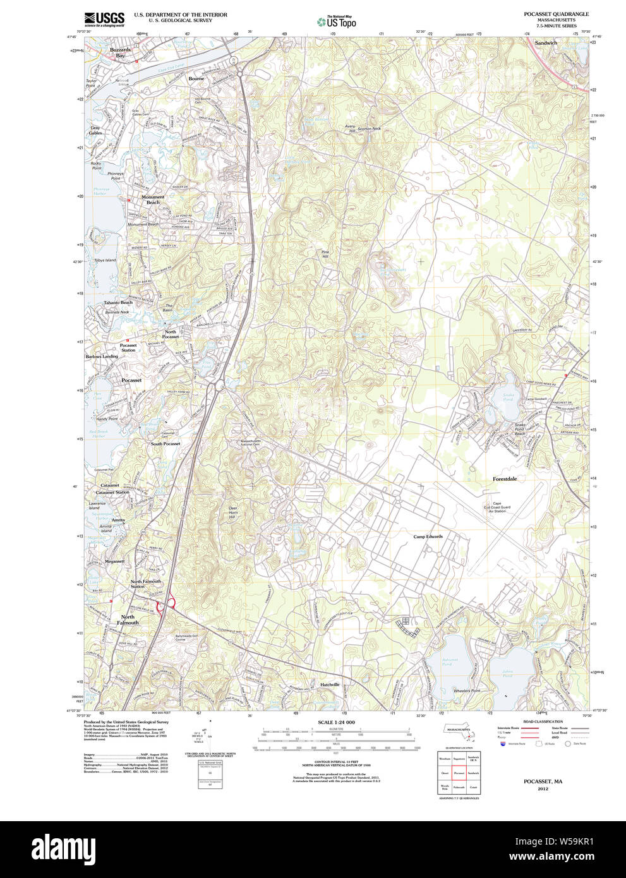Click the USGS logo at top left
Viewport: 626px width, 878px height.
pos(104,19)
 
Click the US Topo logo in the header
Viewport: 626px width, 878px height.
pos(337,22)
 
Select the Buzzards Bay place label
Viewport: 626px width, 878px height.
pos(120,52)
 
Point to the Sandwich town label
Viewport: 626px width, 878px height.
pos(546,43)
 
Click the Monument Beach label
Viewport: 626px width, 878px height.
pos(153,200)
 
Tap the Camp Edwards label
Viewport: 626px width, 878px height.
pos(428,537)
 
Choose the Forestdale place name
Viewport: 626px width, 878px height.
pos(505,479)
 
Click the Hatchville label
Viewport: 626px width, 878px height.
pos(329,685)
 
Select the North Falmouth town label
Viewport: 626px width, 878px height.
pos(128,620)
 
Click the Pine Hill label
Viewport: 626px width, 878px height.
pos(325,255)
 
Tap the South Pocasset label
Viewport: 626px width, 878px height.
pos(165,444)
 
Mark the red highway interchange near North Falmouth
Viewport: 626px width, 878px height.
pos(166,604)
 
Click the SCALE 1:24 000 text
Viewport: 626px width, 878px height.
pos(336,722)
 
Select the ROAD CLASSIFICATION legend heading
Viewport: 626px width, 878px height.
pos(543,721)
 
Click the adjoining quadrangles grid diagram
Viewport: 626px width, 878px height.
pos(459,773)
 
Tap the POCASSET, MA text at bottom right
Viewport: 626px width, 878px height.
pos(543,781)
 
